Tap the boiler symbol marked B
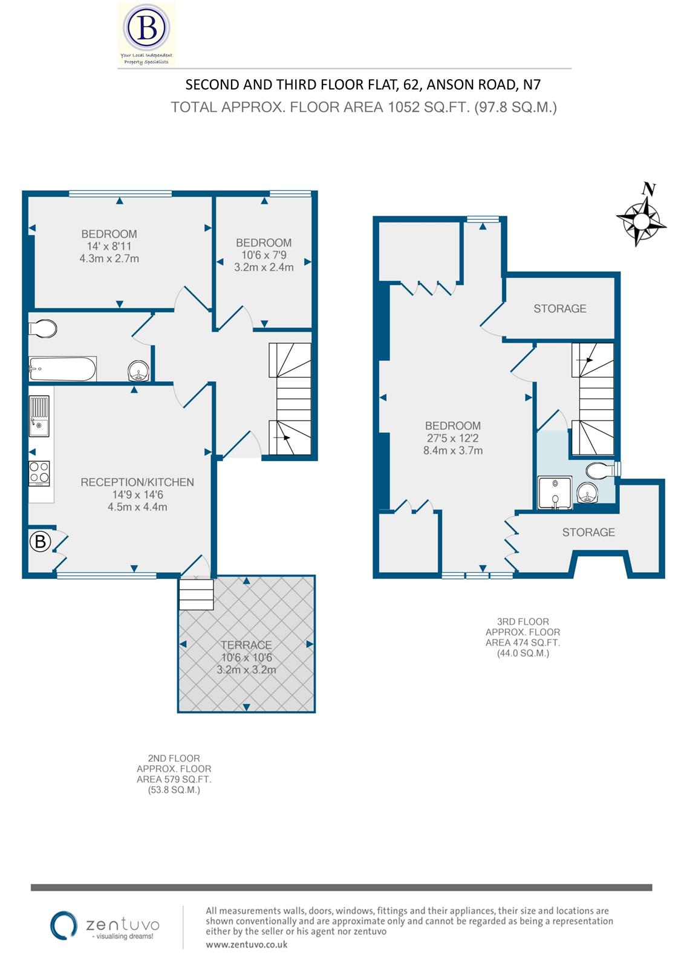(x=40, y=542)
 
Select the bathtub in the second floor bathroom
(x=62, y=369)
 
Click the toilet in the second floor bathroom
(x=44, y=329)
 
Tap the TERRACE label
(x=246, y=645)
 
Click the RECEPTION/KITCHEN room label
(x=137, y=482)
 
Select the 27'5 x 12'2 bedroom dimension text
(x=452, y=438)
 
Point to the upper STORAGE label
(x=559, y=309)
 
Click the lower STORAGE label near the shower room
(x=588, y=532)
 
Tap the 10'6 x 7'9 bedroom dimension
(x=264, y=254)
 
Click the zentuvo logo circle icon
(x=63, y=925)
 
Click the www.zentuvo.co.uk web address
(x=246, y=944)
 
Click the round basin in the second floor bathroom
(x=138, y=370)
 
